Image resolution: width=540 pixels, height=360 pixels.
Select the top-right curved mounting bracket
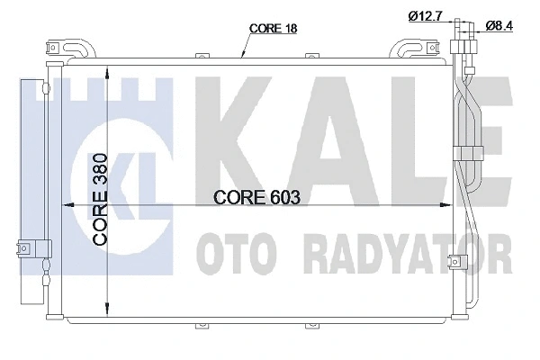coord(413,48)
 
